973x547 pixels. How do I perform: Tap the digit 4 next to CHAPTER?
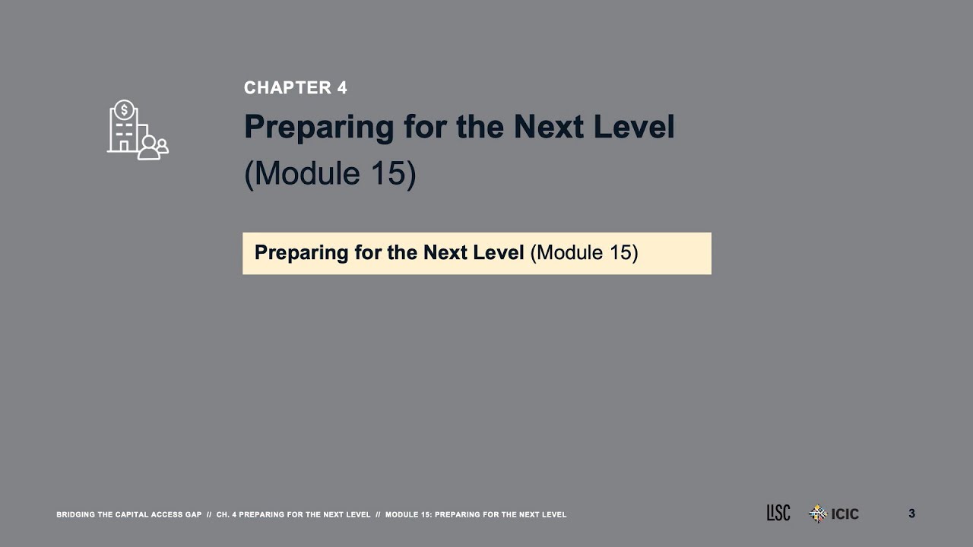click(341, 88)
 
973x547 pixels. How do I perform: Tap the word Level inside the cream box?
click(499, 252)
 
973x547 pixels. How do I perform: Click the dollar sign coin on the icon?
click(124, 109)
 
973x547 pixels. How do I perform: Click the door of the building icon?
click(124, 145)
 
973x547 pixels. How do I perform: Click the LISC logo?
click(778, 514)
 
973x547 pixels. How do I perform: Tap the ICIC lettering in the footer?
click(845, 514)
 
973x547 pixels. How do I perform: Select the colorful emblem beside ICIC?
click(817, 514)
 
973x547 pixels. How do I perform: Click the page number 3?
click(911, 514)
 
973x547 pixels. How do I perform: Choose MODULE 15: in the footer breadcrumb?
click(408, 515)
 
